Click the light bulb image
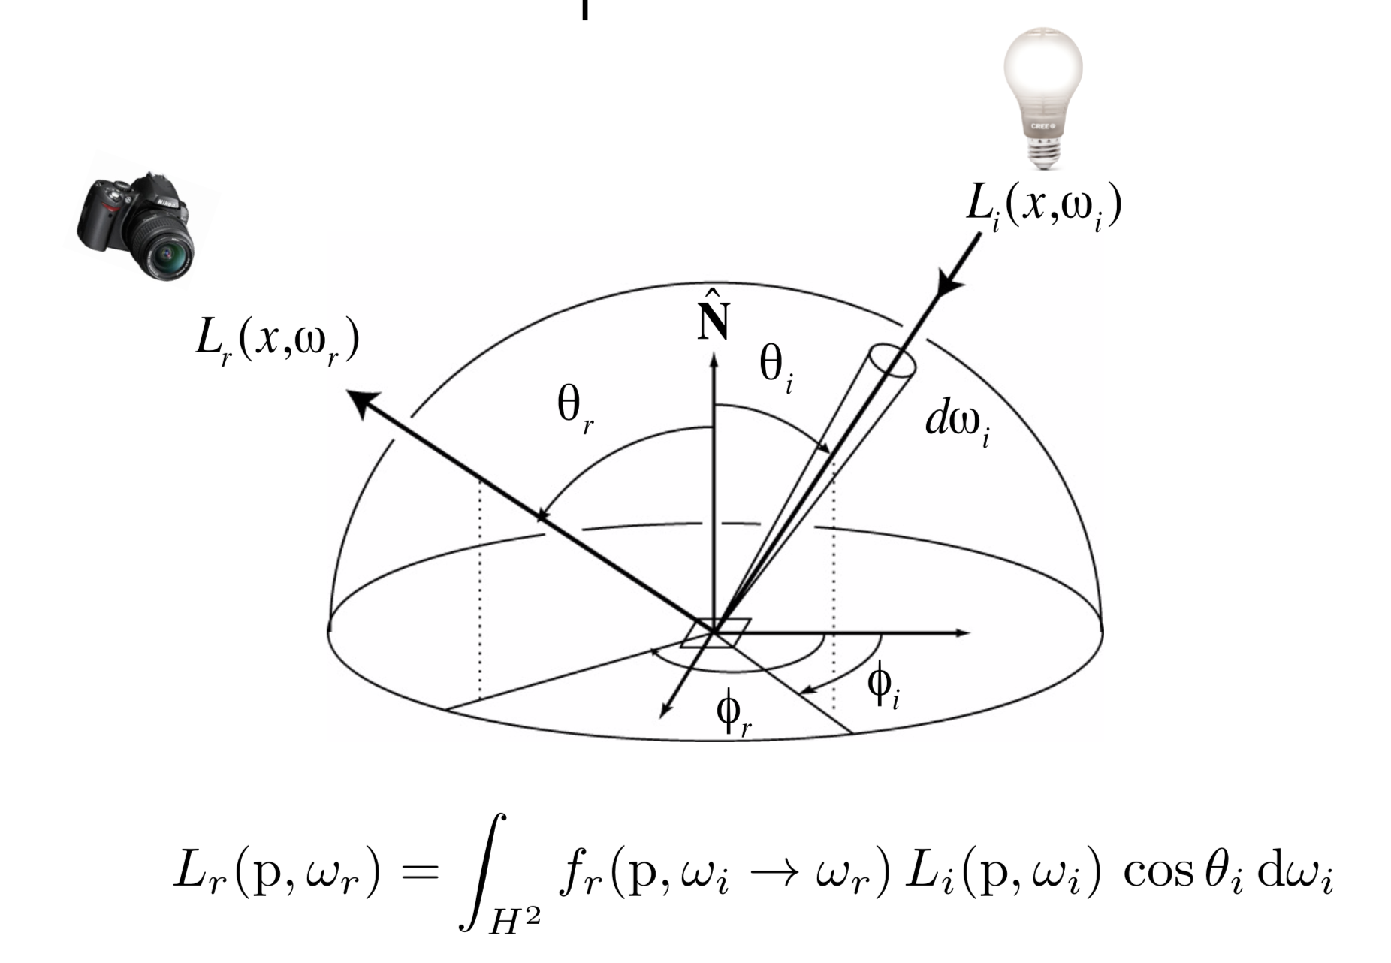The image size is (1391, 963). coord(1042,90)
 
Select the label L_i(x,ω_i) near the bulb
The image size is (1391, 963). coord(1043,207)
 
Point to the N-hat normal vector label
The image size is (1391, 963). coord(713,315)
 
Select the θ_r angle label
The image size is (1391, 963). coord(575,409)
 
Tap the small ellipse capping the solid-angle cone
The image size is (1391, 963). coord(892,361)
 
